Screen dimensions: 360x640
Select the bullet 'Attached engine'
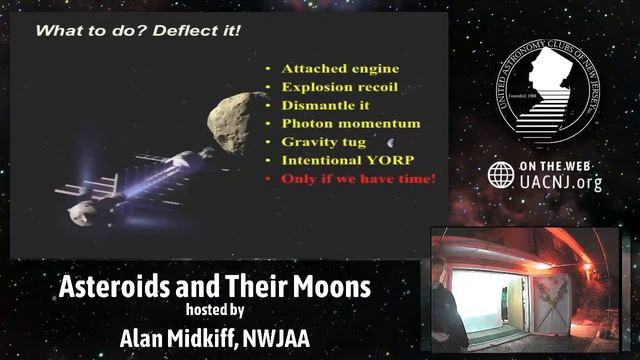coord(340,69)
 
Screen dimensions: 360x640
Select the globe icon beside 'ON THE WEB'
coord(501,175)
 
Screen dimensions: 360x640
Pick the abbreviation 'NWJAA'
coord(275,338)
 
